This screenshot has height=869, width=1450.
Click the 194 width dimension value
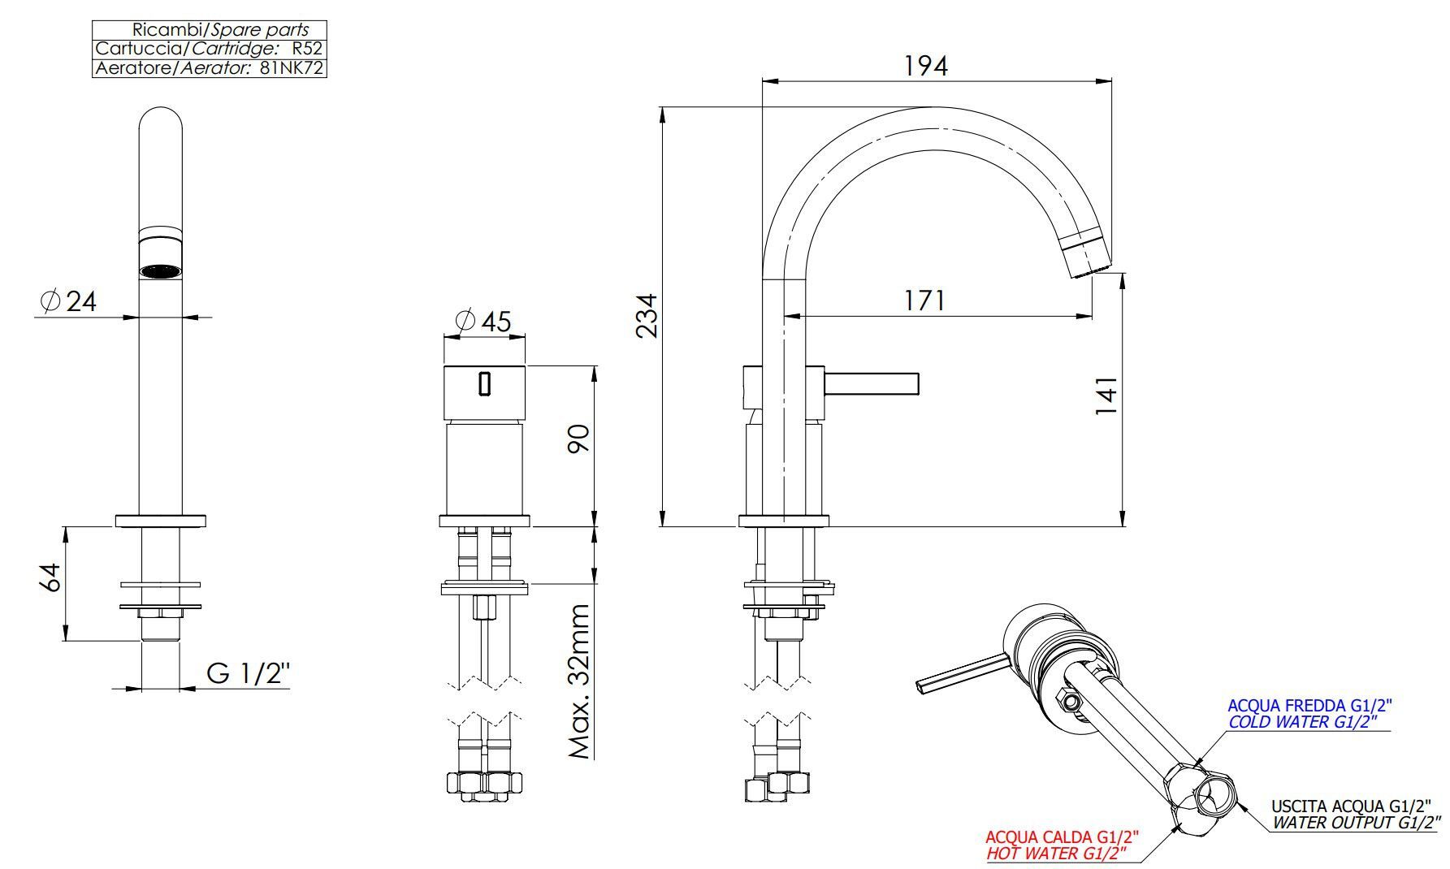pos(926,65)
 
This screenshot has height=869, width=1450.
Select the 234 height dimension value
pos(647,317)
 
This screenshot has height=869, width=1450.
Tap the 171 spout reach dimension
pos(925,300)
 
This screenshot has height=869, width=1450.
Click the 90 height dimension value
pos(578,439)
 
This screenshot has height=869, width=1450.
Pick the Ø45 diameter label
pos(484,322)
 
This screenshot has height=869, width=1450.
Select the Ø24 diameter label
pos(68,301)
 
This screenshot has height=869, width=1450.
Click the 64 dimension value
pos(50,577)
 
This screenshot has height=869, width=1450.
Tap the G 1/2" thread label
pos(248,673)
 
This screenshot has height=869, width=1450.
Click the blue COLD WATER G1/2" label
pos(1303,722)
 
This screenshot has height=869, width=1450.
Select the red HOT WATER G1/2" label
pos(1058,854)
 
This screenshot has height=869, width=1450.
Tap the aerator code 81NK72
pos(292,68)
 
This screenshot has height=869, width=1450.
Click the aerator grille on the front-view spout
pos(160,270)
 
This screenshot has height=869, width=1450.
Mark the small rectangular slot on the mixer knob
pos(485,383)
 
